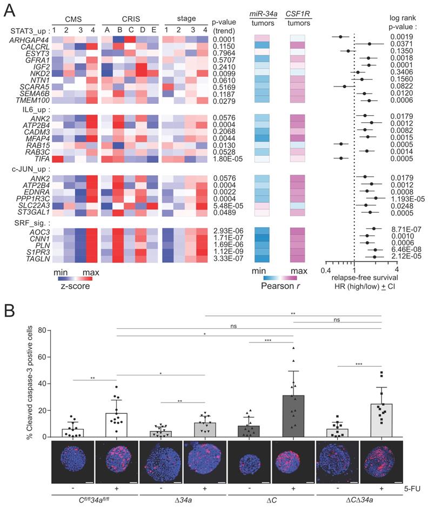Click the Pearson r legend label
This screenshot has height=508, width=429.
coord(283,286)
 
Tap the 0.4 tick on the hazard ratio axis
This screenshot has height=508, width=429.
coord(326,269)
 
